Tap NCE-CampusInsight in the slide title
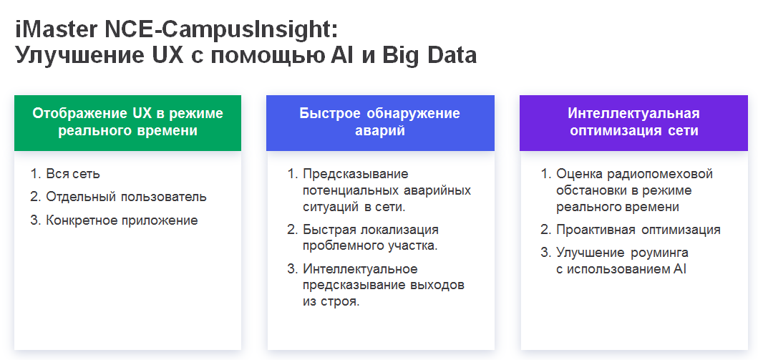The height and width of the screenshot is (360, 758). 220,29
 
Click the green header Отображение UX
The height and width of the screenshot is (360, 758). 127,122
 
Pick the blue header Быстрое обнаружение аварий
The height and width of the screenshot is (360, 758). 380,122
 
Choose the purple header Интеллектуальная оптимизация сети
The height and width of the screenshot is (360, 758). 633,122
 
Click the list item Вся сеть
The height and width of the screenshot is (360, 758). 73,173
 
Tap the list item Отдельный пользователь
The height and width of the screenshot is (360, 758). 126,197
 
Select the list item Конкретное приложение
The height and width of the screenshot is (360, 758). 122,220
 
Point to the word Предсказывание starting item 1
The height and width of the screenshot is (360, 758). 355,174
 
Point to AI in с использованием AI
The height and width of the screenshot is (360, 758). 680,269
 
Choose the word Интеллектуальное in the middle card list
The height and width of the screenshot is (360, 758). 360,269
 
